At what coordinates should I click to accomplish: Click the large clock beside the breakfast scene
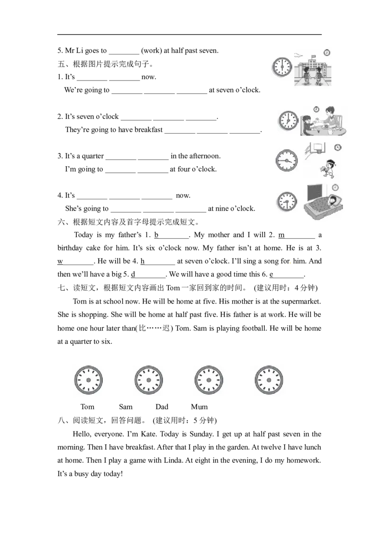[x=289, y=121]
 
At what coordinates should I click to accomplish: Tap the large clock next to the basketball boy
[x=287, y=161]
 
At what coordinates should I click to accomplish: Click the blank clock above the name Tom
[x=89, y=380]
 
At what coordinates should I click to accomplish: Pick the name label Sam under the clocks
[x=126, y=407]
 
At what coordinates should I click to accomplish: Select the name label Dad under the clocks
[x=162, y=407]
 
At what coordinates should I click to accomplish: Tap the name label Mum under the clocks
[x=199, y=407]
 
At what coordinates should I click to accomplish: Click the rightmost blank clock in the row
[x=269, y=380]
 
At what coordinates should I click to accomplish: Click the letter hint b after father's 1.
[x=156, y=235]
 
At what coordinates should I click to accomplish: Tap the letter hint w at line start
[x=60, y=261]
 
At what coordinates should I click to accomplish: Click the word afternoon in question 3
[x=204, y=156]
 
